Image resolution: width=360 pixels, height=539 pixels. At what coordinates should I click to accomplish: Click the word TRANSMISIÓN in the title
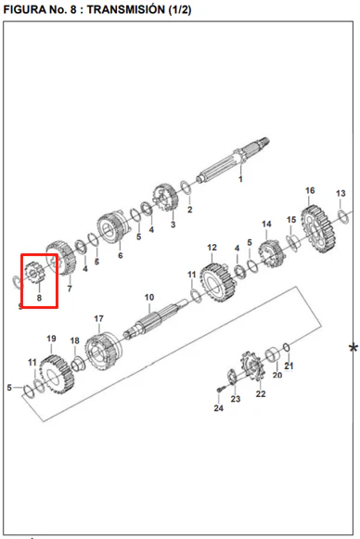126,9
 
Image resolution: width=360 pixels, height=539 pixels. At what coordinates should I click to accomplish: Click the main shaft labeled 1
233,160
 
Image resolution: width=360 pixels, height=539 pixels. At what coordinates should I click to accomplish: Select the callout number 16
310,190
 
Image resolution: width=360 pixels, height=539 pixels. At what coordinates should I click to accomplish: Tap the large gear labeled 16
318,229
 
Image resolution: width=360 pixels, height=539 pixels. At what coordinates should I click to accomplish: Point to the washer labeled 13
343,216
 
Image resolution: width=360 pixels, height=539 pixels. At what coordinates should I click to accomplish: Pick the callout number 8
39,298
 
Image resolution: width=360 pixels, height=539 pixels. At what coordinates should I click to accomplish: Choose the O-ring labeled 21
287,347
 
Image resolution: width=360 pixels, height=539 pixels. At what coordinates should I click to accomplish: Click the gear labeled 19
57,376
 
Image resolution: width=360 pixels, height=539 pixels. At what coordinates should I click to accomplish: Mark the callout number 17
98,318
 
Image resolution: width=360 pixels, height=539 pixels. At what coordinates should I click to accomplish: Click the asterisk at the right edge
354,348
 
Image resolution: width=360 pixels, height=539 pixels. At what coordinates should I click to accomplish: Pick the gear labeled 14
272,253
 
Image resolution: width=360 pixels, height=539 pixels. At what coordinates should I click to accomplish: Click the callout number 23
236,399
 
